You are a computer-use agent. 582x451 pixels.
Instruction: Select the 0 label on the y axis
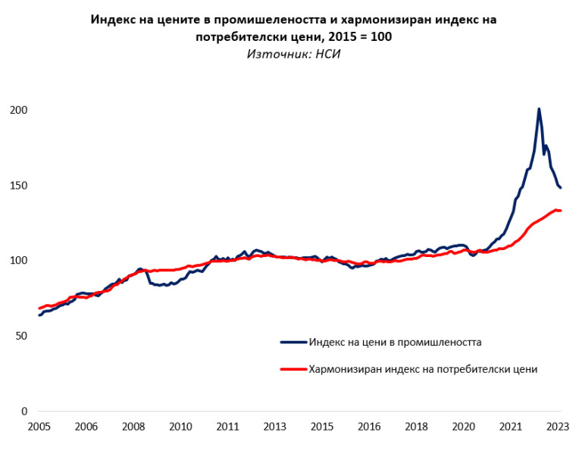click(x=23, y=412)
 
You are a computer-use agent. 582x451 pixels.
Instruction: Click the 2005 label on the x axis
click(x=39, y=427)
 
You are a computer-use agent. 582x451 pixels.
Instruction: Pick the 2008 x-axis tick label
click(x=133, y=427)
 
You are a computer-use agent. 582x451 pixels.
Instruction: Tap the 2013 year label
click(x=274, y=427)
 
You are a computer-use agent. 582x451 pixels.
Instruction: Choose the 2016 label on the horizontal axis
click(x=369, y=427)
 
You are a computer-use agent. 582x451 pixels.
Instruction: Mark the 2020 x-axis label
click(x=464, y=427)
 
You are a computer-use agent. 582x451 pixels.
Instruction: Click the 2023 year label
click(x=559, y=427)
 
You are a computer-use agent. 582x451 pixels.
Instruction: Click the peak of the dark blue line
click(x=539, y=109)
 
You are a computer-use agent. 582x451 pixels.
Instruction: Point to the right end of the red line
click(x=560, y=211)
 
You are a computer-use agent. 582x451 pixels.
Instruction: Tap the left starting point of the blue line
click(x=39, y=315)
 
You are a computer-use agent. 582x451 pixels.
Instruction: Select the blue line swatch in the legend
click(x=293, y=342)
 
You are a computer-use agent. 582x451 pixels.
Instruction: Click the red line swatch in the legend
click(x=293, y=369)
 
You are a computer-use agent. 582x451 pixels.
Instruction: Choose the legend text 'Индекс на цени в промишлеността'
click(x=396, y=342)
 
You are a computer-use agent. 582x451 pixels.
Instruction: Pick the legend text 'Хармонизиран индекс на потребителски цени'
click(x=423, y=369)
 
